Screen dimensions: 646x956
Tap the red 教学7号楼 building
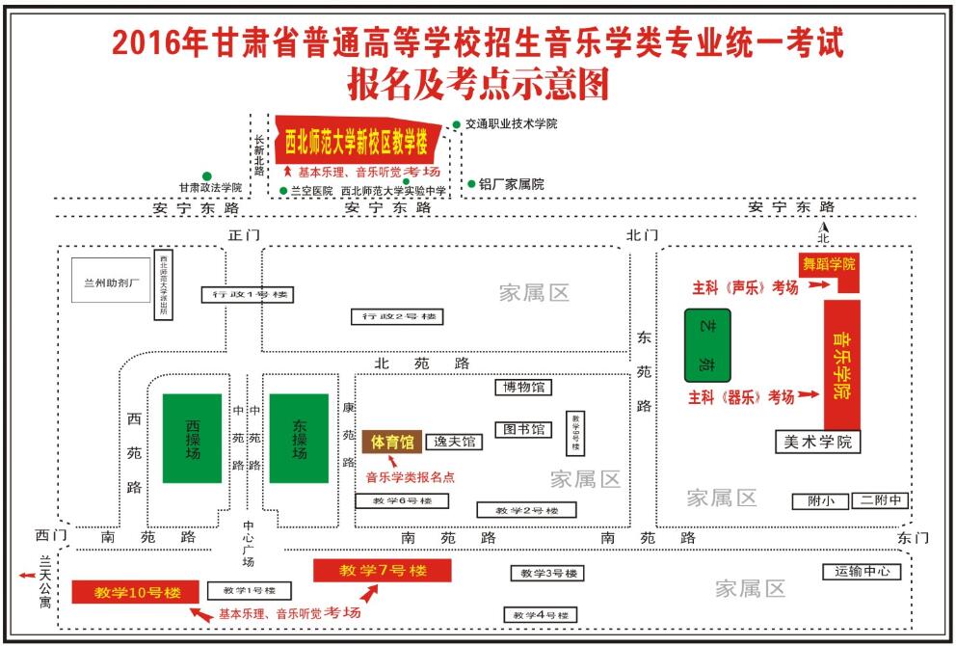[383, 571]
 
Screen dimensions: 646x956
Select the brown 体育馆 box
[392, 442]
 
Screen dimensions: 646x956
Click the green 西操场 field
[191, 438]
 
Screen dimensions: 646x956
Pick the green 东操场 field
[299, 438]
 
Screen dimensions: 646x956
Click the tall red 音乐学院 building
[841, 364]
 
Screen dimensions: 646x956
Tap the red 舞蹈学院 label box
[829, 264]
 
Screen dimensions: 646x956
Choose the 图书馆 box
[522, 429]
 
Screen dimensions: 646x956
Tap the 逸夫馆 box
[454, 442]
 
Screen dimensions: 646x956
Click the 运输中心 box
[862, 572]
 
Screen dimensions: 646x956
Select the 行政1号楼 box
[247, 294]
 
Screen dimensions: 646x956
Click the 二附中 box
[881, 500]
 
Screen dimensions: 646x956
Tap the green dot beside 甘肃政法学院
[206, 176]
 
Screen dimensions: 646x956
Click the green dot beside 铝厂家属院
[471, 183]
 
